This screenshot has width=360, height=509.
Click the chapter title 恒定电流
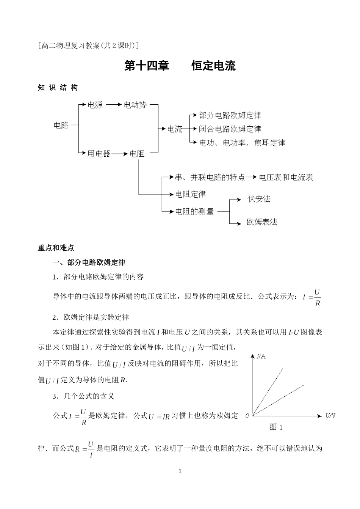[214, 66]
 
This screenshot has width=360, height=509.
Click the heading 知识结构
[58, 88]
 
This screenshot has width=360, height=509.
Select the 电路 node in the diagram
[61, 125]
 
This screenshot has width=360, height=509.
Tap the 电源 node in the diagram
[95, 105]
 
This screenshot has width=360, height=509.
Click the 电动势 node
[135, 105]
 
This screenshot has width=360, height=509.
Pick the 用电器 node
[99, 154]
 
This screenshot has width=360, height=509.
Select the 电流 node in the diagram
[175, 129]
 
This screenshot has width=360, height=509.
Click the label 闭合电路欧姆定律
[230, 129]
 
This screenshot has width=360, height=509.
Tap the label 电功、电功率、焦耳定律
[242, 143]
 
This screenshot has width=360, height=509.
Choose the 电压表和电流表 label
[286, 177]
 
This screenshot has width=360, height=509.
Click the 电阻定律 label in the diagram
[190, 194]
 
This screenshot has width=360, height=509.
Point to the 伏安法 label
[259, 199]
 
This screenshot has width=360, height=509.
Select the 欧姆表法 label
[262, 222]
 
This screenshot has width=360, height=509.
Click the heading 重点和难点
[56, 248]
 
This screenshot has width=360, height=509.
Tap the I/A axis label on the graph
[261, 356]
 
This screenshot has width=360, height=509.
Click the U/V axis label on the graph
[330, 416]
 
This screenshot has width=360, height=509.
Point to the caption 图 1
[276, 427]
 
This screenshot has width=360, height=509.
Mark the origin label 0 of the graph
[247, 416]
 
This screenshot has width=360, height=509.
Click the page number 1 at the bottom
[180, 471]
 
